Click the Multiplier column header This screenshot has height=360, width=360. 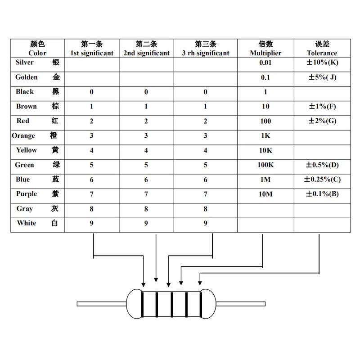pyautogui.click(x=265, y=49)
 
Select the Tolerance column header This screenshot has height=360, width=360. pyautogui.click(x=322, y=49)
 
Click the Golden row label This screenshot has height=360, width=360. pyautogui.click(x=26, y=77)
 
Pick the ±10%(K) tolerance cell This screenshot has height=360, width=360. pyautogui.click(x=322, y=63)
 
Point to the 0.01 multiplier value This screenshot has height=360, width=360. pyautogui.click(x=265, y=63)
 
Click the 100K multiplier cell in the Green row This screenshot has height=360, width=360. pyautogui.click(x=265, y=165)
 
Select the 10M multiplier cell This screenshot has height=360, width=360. pyautogui.click(x=265, y=194)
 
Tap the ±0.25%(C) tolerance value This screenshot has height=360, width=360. pyautogui.click(x=323, y=180)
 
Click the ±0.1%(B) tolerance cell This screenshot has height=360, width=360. pyautogui.click(x=322, y=194)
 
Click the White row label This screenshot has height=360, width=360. pyautogui.click(x=27, y=223)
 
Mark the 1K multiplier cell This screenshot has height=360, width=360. pyautogui.click(x=265, y=136)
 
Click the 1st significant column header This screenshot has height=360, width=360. pyautogui.click(x=92, y=49)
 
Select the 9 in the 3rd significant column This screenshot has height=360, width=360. pyautogui.click(x=206, y=223)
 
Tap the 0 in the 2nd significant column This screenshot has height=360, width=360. pyautogui.click(x=146, y=92)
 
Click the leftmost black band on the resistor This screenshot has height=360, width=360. pyautogui.click(x=143, y=305)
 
